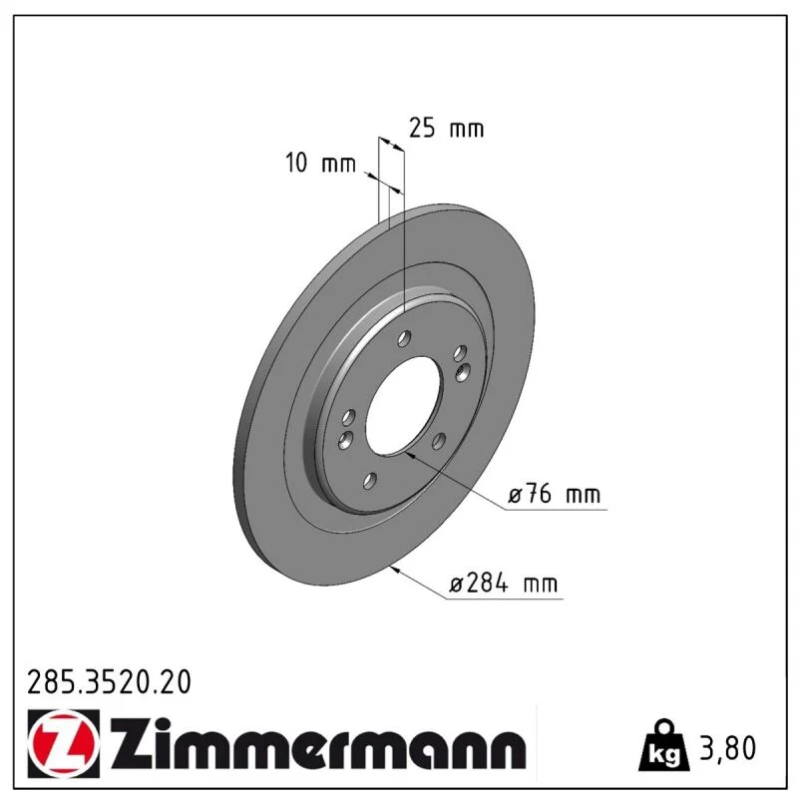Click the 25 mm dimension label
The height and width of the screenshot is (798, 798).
(446, 129)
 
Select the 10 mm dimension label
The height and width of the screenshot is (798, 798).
(320, 164)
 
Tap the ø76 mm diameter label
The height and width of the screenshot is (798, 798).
(555, 494)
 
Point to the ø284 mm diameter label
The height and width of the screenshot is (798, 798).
(504, 584)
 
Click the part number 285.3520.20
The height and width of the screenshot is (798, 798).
(109, 682)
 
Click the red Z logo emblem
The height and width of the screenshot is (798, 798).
(64, 743)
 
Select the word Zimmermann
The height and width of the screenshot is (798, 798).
(318, 743)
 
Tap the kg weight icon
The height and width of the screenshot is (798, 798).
(663, 745)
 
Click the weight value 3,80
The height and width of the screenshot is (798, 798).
(728, 748)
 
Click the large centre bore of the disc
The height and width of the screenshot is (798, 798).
(403, 405)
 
